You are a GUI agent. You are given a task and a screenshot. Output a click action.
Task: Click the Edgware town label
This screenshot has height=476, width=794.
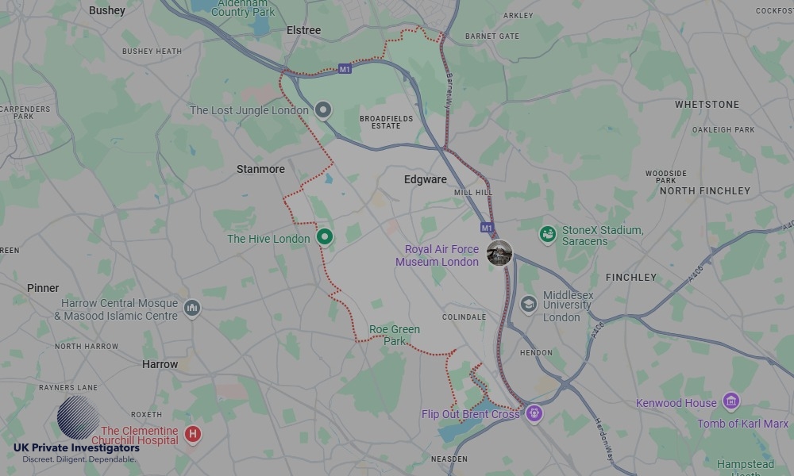[425, 179]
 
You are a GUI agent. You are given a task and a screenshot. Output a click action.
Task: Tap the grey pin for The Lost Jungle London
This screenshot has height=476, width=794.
[322, 110]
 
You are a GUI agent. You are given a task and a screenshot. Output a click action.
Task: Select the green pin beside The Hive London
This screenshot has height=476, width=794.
[324, 236]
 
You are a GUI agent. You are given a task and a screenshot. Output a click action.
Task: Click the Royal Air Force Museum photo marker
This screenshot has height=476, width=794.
[499, 253]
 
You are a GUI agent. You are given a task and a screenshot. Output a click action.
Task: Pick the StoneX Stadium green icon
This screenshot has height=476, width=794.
[547, 234]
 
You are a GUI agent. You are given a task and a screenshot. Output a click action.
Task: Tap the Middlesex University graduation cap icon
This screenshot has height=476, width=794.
[528, 304]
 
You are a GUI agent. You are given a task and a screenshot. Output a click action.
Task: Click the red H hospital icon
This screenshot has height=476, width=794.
[192, 434]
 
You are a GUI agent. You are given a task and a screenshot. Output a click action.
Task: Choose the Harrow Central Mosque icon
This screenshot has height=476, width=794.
[191, 308]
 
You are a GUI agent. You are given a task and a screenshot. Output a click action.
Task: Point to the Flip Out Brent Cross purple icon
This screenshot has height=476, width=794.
[534, 413]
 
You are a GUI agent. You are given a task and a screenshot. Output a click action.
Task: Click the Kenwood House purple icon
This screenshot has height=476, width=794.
[730, 402]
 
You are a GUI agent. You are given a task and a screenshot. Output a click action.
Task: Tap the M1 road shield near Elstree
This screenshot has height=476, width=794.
[345, 69]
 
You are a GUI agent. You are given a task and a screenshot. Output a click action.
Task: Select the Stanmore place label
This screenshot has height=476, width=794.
[260, 169]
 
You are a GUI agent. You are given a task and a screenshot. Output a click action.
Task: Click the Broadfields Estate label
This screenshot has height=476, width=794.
[386, 122]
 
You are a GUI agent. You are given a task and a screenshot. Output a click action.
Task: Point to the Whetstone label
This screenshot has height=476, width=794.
[707, 105]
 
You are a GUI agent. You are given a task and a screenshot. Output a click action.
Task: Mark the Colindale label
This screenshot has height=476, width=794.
[464, 317]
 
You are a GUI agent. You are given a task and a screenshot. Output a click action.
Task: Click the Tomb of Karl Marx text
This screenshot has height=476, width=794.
[742, 424]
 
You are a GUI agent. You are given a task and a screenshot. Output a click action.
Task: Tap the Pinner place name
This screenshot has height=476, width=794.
[43, 288]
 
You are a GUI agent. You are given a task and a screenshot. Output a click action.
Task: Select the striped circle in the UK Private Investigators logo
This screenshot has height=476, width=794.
[78, 417]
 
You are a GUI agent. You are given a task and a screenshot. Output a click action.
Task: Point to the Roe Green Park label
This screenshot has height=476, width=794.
[395, 335]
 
